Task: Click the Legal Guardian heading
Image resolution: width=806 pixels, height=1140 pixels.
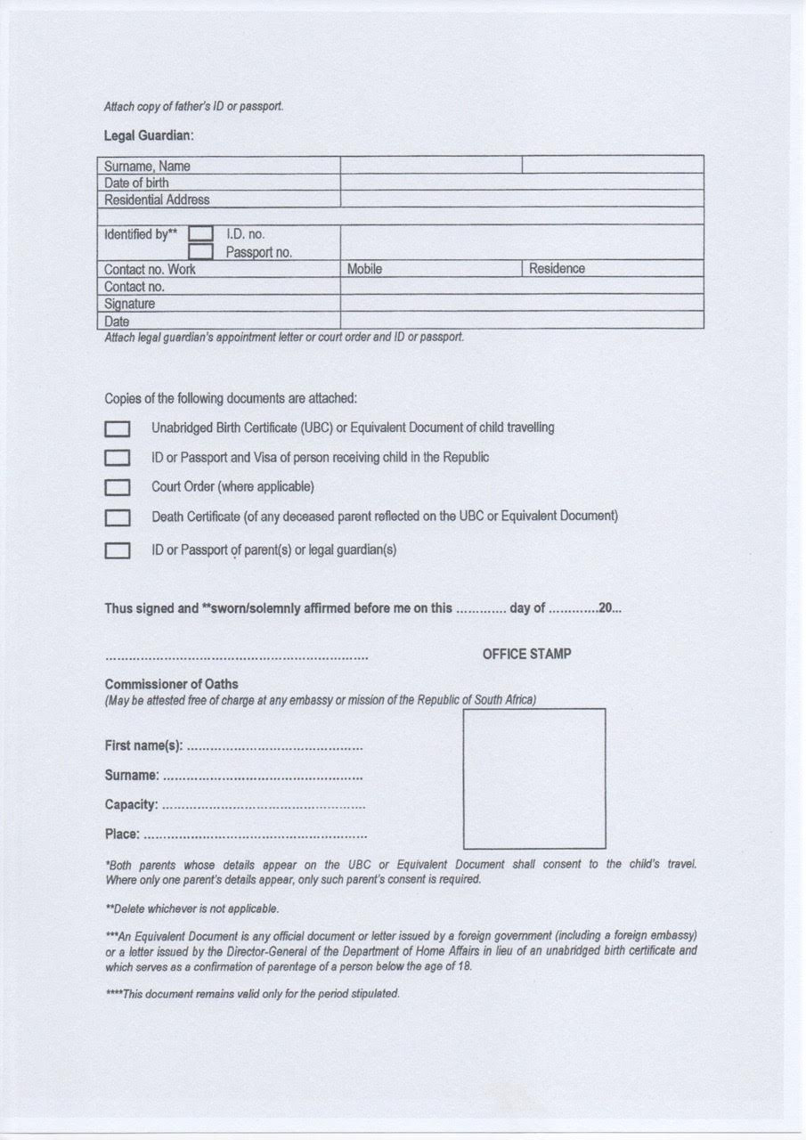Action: (149, 136)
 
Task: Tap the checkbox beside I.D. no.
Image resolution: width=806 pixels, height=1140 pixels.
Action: (200, 234)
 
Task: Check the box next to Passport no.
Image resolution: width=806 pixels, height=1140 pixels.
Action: (200, 252)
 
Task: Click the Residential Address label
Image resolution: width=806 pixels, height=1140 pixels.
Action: (157, 199)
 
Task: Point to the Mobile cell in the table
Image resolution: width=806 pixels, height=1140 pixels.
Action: (364, 269)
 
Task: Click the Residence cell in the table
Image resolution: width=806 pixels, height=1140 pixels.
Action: (557, 269)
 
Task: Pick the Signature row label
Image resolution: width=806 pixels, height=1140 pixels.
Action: (129, 304)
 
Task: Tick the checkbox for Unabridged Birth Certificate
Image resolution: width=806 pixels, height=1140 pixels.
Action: (118, 429)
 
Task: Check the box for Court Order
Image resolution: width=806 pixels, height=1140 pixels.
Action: (118, 488)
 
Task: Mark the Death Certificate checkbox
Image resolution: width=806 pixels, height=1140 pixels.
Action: (118, 517)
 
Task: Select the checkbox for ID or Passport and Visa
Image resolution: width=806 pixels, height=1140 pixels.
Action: (118, 459)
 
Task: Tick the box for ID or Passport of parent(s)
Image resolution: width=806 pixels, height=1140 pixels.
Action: (118, 551)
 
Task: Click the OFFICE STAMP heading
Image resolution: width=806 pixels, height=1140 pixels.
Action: (526, 654)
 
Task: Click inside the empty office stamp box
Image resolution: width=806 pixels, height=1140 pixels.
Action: (533, 778)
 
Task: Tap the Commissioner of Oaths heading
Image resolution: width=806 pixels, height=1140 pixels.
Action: (171, 684)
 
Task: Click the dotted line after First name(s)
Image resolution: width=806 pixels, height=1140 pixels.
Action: (275, 746)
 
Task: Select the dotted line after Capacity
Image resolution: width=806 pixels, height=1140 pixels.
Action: (264, 806)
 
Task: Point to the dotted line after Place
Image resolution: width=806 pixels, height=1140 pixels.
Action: (255, 835)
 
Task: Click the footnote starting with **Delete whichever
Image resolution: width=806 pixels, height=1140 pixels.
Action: (191, 909)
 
